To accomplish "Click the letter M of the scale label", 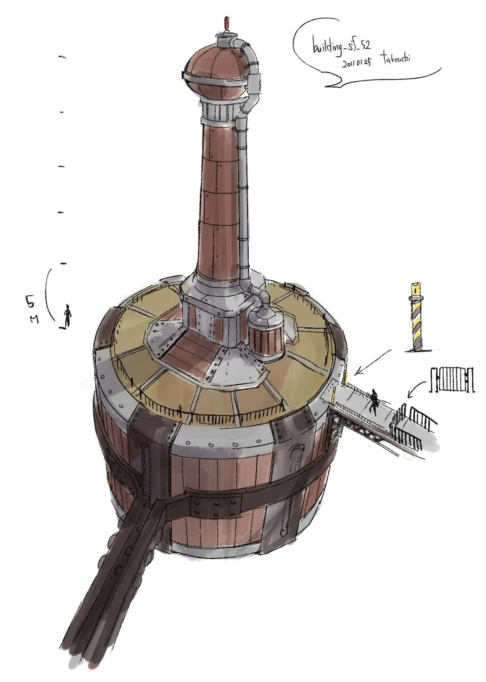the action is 35,320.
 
